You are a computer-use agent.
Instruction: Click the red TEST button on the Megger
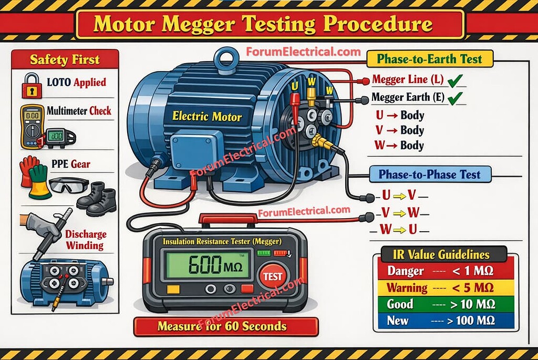coord(273,276)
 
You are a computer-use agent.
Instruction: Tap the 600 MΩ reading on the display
coord(215,264)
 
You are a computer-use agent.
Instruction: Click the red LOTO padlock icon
coord(32,86)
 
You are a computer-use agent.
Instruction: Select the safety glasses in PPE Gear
coord(69,185)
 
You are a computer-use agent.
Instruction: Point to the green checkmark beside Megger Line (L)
coord(455,80)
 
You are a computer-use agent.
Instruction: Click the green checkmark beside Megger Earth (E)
coord(455,98)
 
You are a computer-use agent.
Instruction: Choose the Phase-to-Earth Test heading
coord(430,59)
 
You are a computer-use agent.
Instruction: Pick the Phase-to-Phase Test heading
coord(430,174)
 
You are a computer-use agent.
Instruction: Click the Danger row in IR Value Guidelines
coord(446,271)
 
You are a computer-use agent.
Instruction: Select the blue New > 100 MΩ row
coord(446,321)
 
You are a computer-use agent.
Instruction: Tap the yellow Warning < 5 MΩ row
coord(446,287)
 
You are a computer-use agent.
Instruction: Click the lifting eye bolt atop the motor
coord(226,61)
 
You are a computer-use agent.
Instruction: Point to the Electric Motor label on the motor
coord(207,116)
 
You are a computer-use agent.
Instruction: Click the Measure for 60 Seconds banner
coord(226,326)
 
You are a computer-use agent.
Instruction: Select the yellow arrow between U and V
coord(399,196)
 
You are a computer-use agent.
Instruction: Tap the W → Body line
coord(399,145)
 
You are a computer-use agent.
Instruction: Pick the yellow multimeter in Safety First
coord(32,126)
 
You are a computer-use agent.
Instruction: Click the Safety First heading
coord(65,60)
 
